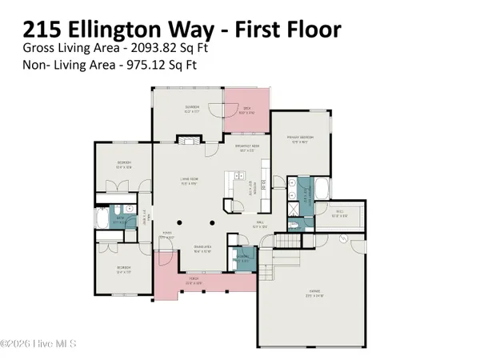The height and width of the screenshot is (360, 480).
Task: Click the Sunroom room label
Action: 170,112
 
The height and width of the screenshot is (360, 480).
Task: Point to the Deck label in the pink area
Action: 247,112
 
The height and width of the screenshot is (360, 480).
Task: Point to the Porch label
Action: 190,281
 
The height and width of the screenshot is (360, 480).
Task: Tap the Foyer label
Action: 166,237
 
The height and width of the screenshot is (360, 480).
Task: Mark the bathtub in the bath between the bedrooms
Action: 103,220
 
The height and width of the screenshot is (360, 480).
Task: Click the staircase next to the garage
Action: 284,241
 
